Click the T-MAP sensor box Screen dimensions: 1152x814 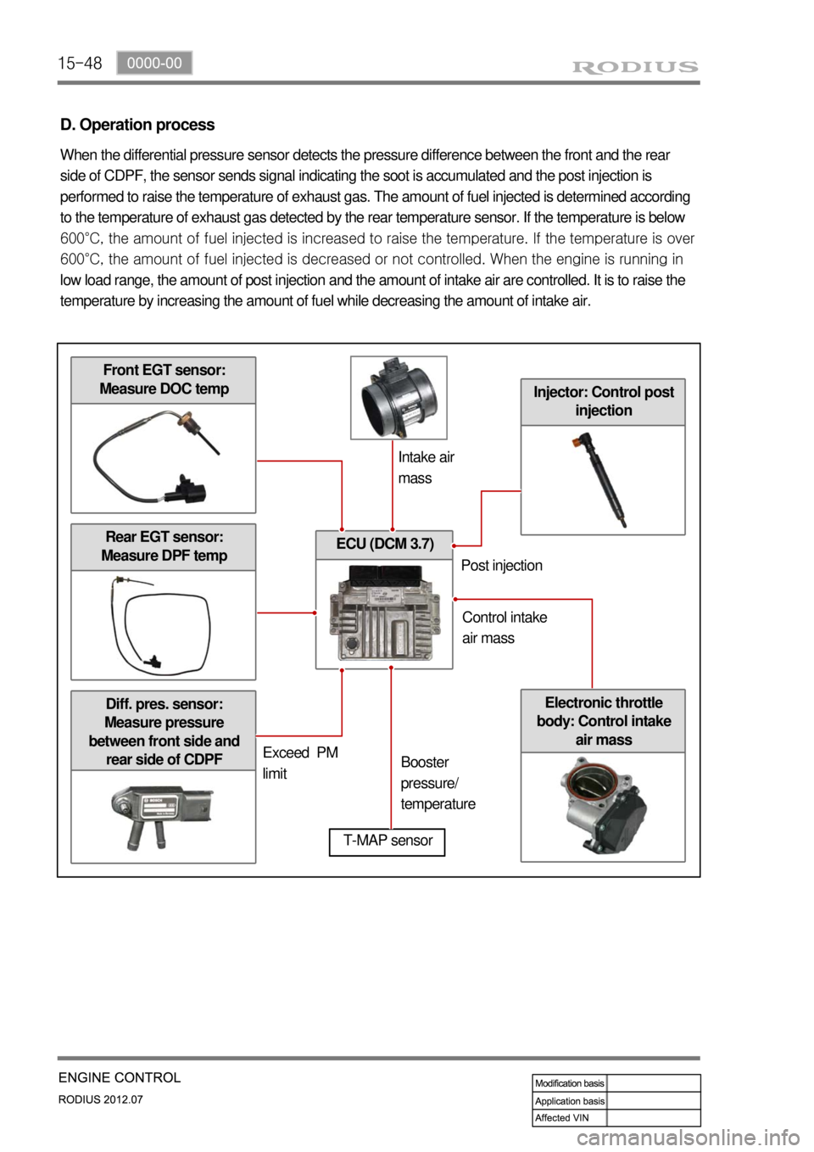[x=387, y=842]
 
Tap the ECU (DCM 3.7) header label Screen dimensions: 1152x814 [x=384, y=545]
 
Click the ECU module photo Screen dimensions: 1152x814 [x=384, y=613]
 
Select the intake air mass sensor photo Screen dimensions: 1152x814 [x=399, y=398]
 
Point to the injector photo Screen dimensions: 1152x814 [x=602, y=479]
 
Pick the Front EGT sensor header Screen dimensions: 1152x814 [x=164, y=380]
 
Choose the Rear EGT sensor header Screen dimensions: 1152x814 [x=164, y=547]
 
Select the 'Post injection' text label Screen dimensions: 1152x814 [x=501, y=566]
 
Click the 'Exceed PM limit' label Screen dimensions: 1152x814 [x=300, y=763]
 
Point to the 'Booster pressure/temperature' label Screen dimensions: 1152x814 [x=438, y=783]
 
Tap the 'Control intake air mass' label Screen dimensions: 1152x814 [x=505, y=628]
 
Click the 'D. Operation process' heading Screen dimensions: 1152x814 [x=137, y=125]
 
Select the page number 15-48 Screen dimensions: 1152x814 [x=80, y=64]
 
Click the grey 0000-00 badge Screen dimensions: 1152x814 [x=154, y=63]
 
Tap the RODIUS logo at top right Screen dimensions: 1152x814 [x=635, y=66]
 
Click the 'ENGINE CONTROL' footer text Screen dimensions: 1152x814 [x=120, y=1077]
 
